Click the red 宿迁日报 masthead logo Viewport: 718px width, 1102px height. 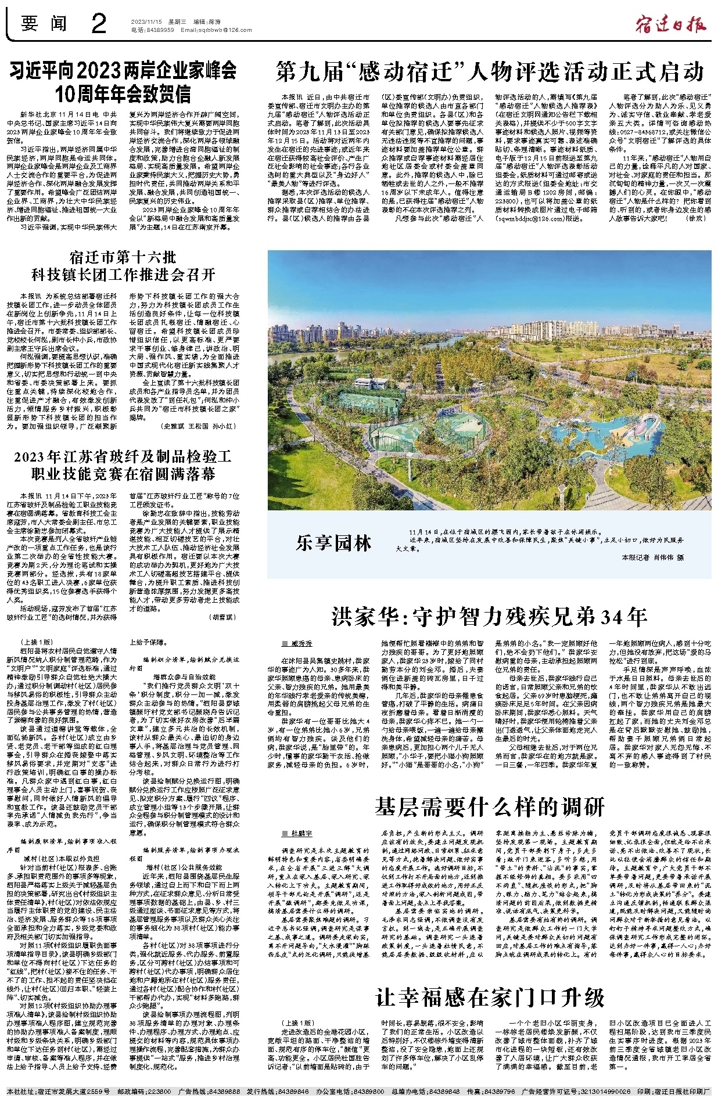point(670,25)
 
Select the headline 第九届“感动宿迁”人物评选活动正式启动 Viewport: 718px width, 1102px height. point(490,71)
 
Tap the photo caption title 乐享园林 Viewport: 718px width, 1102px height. point(333,543)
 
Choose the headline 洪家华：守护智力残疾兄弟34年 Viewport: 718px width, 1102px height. point(489,616)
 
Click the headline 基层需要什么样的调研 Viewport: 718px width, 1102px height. point(489,806)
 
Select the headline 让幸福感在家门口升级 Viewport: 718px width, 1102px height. point(490,997)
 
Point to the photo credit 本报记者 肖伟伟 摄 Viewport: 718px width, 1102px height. point(653,557)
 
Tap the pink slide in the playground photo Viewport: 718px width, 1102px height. point(645,428)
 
